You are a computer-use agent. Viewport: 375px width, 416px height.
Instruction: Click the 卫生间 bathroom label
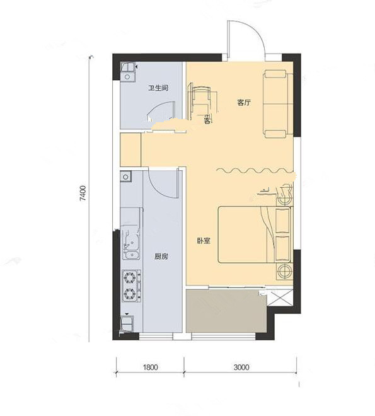pos(158,88)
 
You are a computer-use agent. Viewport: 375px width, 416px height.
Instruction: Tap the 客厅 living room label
pos(244,102)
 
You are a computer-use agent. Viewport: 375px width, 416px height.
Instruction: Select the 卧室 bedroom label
pos(204,241)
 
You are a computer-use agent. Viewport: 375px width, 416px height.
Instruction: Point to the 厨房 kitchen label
pos(161,257)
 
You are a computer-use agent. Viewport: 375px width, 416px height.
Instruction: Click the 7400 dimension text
pos(83,194)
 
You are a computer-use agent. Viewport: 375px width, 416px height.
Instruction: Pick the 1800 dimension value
pos(150,367)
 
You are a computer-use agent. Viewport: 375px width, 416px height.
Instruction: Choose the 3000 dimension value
pos(241,367)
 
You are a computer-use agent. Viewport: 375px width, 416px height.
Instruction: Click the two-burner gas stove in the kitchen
pos(131,286)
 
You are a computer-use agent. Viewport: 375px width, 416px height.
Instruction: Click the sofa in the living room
pos(278,104)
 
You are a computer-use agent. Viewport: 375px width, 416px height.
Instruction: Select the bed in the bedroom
pos(255,235)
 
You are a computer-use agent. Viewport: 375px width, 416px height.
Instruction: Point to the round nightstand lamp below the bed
pos(285,272)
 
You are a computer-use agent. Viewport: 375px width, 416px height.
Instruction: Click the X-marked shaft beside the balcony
pos(280,298)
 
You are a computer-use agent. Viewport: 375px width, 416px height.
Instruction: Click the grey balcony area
pos(226,311)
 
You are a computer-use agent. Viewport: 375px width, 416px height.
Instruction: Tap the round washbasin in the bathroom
pos(127,77)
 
